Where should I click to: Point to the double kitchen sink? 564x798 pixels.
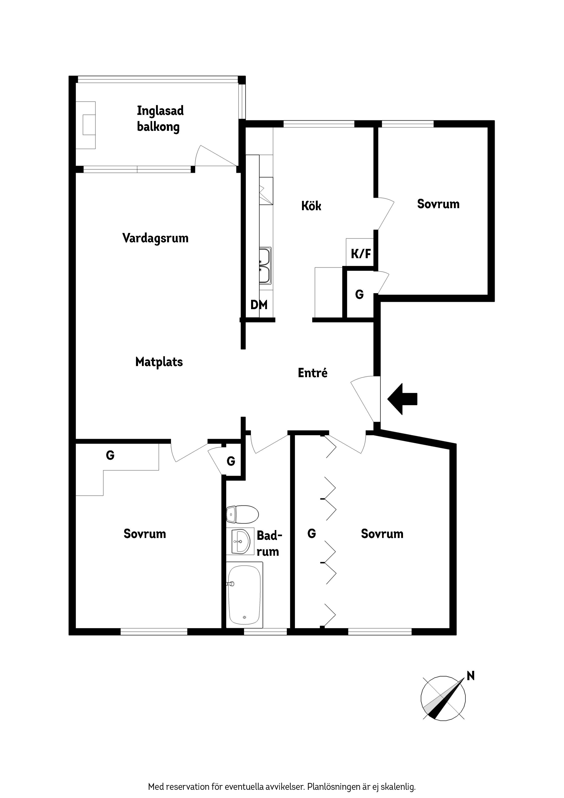(x=265, y=266)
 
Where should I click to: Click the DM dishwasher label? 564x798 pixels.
(x=259, y=305)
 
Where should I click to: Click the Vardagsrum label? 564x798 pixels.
(x=155, y=238)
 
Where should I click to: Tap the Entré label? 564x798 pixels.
(x=313, y=373)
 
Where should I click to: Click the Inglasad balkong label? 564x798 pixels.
(x=160, y=119)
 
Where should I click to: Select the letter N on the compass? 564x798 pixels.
(x=471, y=676)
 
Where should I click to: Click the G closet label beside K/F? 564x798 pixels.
(x=359, y=294)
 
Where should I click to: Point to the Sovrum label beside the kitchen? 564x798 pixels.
(x=438, y=204)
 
